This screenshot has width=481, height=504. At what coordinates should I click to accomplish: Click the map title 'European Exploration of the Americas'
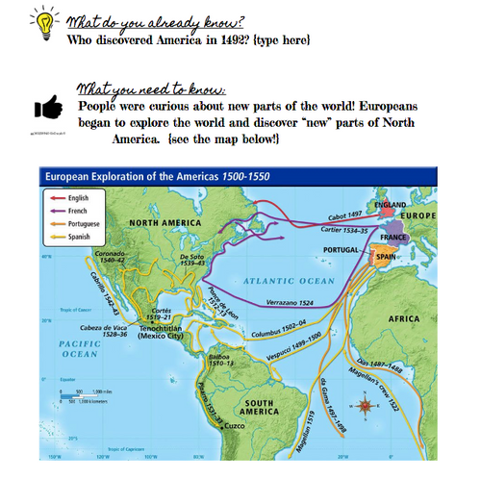pos(146,176)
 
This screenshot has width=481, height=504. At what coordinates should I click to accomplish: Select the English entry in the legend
pos(80,198)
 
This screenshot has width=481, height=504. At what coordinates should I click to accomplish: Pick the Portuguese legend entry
pos(85,223)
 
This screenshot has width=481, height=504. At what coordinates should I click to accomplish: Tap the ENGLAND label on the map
pos(392,206)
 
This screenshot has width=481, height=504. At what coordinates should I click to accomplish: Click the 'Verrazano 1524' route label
pos(291,301)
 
